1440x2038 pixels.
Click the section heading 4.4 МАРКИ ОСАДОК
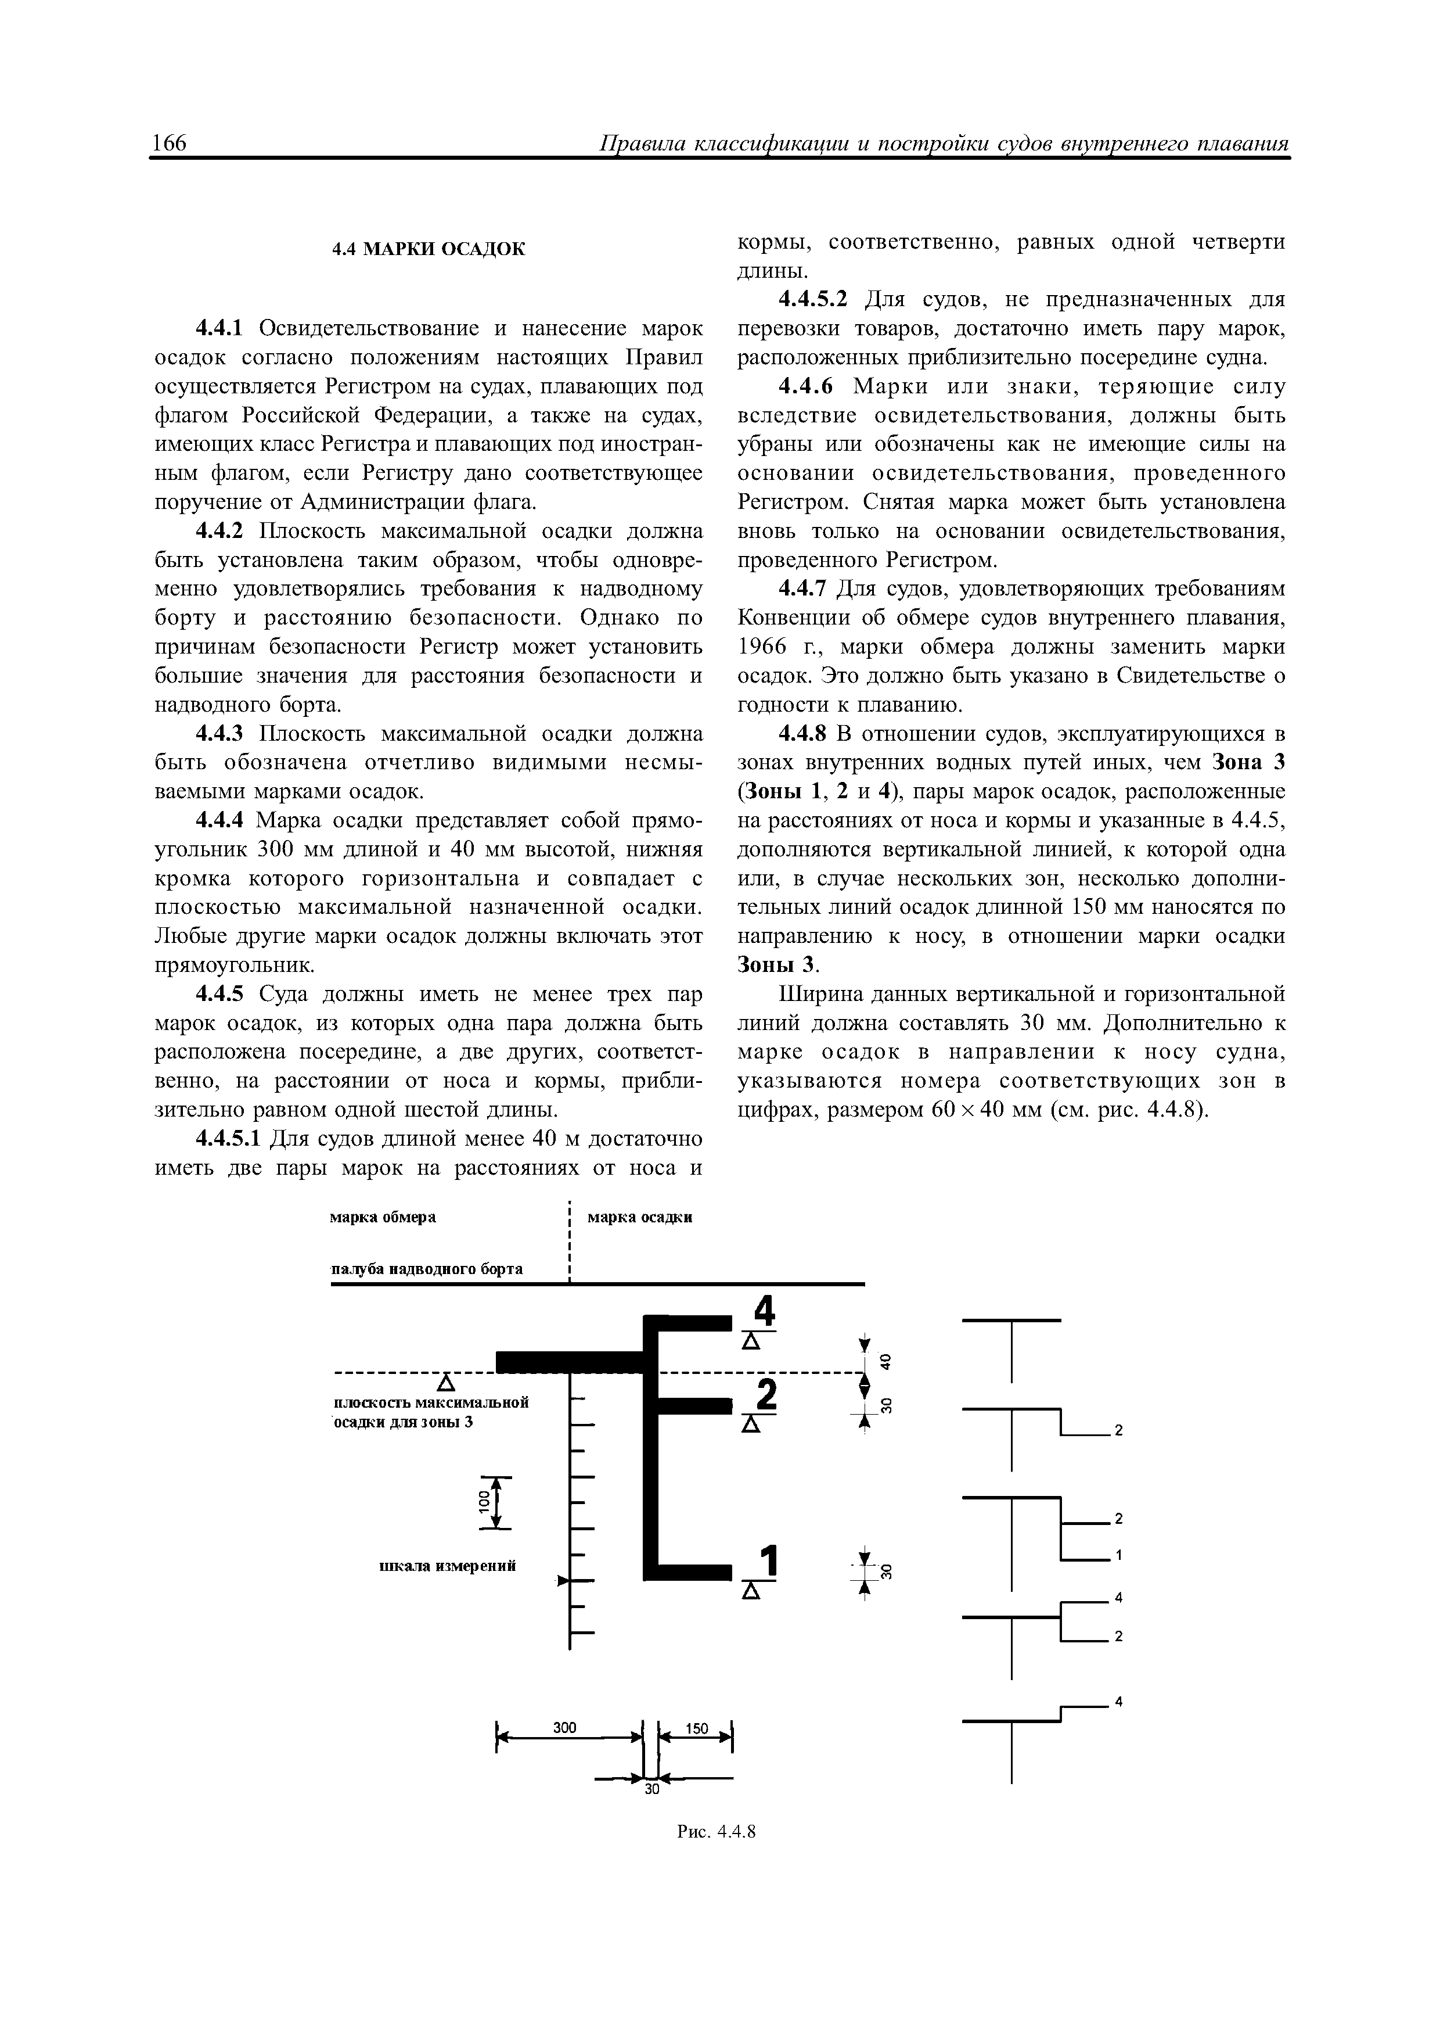tap(429, 249)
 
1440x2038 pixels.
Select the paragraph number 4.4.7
tap(802, 590)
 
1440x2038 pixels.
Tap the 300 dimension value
tap(565, 1727)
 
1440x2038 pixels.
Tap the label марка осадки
tap(640, 1217)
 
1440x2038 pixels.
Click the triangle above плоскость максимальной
tap(447, 1383)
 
